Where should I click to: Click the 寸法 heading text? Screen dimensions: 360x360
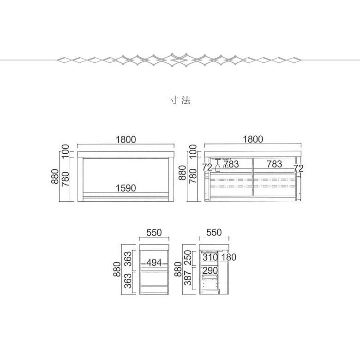pyautogui.click(x=180, y=100)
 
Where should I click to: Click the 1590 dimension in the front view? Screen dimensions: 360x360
pyautogui.click(x=126, y=188)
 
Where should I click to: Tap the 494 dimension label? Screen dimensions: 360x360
pyautogui.click(x=154, y=263)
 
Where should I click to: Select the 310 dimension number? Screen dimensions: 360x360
pyautogui.click(x=210, y=258)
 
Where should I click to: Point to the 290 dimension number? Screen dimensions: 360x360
pyautogui.click(x=210, y=270)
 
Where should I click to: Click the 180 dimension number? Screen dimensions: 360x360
pyautogui.click(x=228, y=258)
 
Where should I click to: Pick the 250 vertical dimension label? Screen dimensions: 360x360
pyautogui.click(x=188, y=258)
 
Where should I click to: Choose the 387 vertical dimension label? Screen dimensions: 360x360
pyautogui.click(x=188, y=278)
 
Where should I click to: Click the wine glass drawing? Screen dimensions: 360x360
pyautogui.click(x=217, y=165)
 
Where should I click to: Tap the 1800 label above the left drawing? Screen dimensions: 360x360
pyautogui.click(x=126, y=139)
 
